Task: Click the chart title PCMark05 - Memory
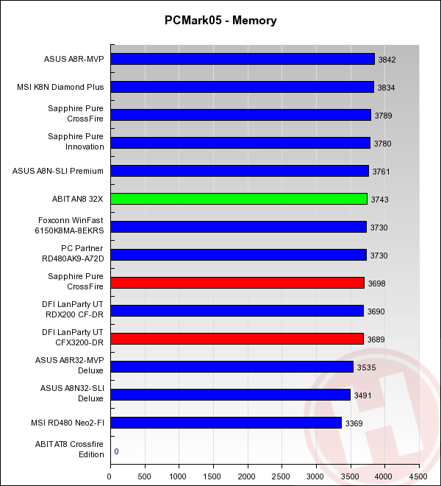220,21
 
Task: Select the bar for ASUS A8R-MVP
243,59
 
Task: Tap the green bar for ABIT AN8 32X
239,199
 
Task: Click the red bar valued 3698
237,283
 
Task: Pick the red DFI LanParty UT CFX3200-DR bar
237,339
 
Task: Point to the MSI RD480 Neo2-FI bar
226,423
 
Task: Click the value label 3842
387,60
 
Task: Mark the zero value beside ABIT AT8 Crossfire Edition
116,451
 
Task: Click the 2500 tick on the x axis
282,476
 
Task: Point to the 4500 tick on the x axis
420,476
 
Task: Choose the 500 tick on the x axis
145,476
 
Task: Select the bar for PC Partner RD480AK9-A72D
238,255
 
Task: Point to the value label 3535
365,367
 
